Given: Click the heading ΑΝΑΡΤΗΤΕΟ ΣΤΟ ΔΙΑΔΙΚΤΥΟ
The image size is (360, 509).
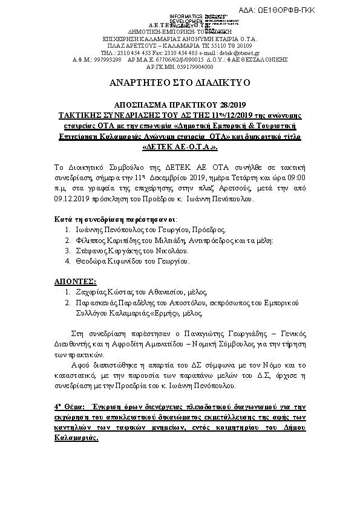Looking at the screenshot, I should click(180, 81).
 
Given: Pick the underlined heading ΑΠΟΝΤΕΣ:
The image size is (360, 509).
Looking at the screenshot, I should click(76, 282).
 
